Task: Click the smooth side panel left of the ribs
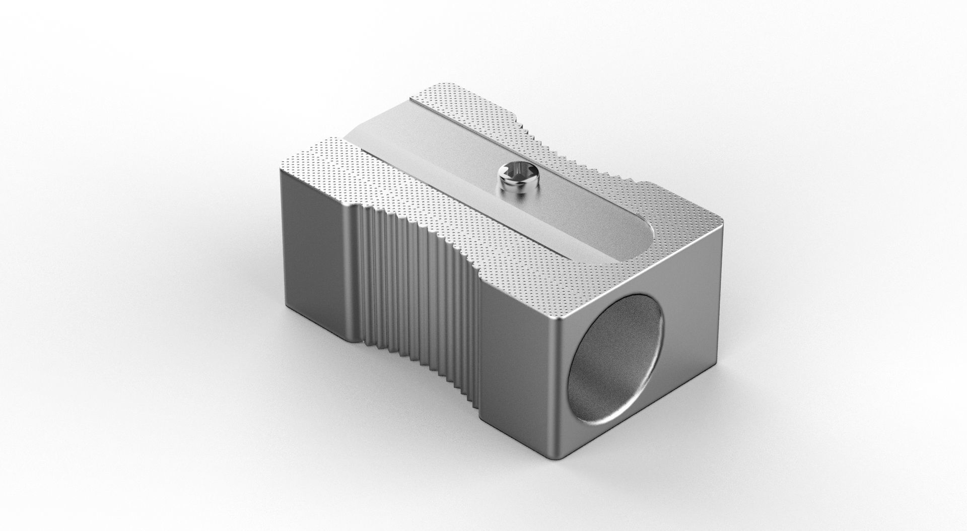[317, 252]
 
